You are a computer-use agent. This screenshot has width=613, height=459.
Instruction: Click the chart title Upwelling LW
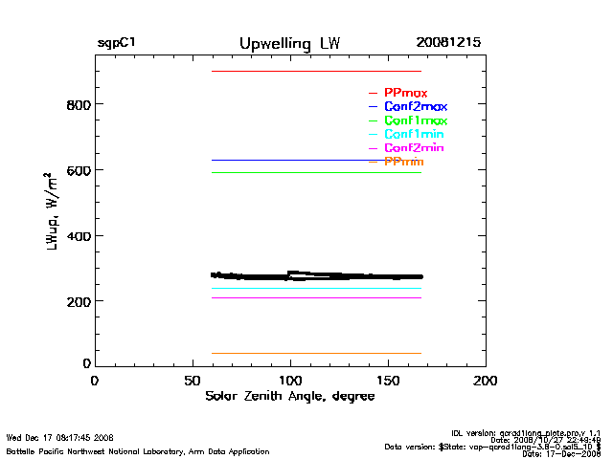tap(289, 44)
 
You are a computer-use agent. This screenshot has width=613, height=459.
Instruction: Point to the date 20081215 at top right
tap(448, 44)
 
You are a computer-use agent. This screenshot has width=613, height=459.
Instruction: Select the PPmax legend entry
tap(405, 93)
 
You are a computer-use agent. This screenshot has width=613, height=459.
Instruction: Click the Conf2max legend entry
tap(415, 106)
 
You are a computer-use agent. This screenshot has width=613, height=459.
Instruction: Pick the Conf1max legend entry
tap(415, 120)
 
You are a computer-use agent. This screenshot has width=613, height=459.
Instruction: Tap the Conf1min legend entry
tap(414, 134)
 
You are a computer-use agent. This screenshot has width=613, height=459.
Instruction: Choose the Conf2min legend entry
tap(414, 148)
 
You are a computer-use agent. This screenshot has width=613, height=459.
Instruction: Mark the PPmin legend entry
tap(403, 162)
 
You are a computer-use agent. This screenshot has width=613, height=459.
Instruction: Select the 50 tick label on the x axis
tap(193, 380)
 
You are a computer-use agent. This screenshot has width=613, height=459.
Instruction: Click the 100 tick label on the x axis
tap(290, 380)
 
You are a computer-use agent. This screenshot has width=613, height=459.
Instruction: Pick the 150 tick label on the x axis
tap(388, 380)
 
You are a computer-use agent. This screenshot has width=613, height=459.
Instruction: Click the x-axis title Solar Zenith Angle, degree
tap(289, 396)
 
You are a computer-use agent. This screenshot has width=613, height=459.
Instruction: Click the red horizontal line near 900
tap(316, 71)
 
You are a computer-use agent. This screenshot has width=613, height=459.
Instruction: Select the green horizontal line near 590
tap(316, 172)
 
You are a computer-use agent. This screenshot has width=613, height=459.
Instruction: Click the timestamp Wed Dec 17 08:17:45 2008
tap(60, 437)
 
